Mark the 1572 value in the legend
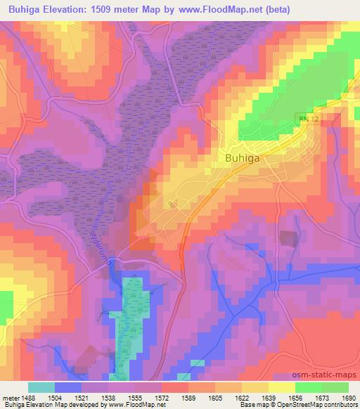tap(161, 398)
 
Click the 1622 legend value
tap(241, 398)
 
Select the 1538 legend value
tap(109, 398)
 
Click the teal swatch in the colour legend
tap(41, 387)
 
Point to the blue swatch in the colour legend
tap(68, 387)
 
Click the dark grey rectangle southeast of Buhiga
tap(288, 238)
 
